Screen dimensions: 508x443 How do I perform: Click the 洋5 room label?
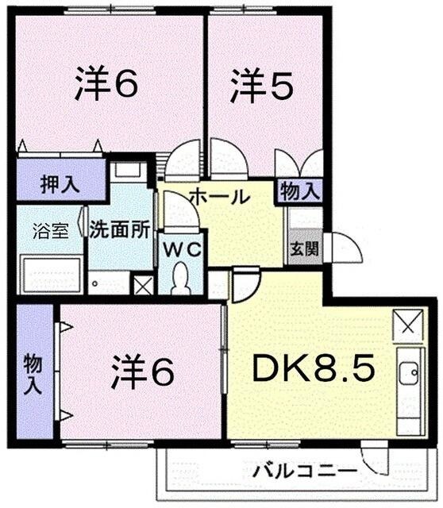click(x=259, y=86)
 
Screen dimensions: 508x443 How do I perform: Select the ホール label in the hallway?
click(x=218, y=196)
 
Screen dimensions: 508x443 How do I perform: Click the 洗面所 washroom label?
click(x=119, y=231)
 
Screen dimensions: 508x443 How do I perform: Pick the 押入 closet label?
click(x=60, y=185)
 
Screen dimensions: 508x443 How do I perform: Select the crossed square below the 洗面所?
click(x=143, y=286)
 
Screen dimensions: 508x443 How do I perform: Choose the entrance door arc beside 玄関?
click(x=343, y=248)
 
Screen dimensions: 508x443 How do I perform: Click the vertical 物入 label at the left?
click(x=32, y=373)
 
